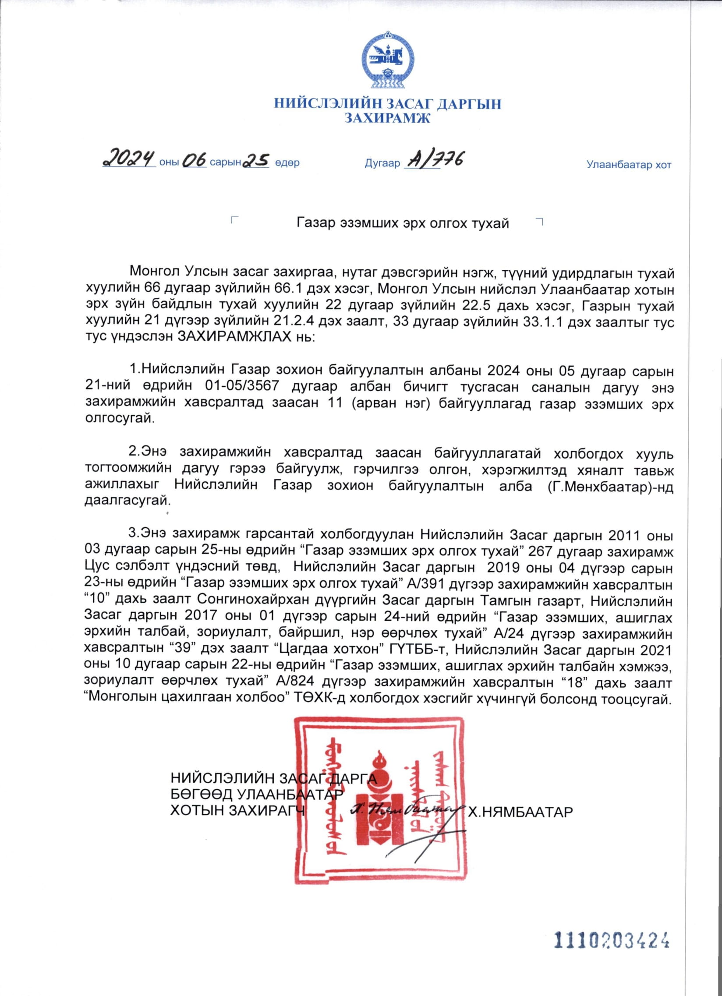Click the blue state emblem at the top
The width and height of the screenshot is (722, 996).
(x=388, y=60)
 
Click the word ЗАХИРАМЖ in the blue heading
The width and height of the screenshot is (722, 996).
(x=387, y=118)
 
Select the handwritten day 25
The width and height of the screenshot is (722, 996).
(x=256, y=160)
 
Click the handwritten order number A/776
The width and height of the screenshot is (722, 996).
(x=433, y=160)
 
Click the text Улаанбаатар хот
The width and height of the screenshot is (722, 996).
(x=628, y=165)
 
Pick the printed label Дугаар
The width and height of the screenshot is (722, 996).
(x=382, y=163)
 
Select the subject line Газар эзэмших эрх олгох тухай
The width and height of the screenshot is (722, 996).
(x=403, y=223)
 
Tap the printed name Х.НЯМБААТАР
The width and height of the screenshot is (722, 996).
(x=520, y=812)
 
